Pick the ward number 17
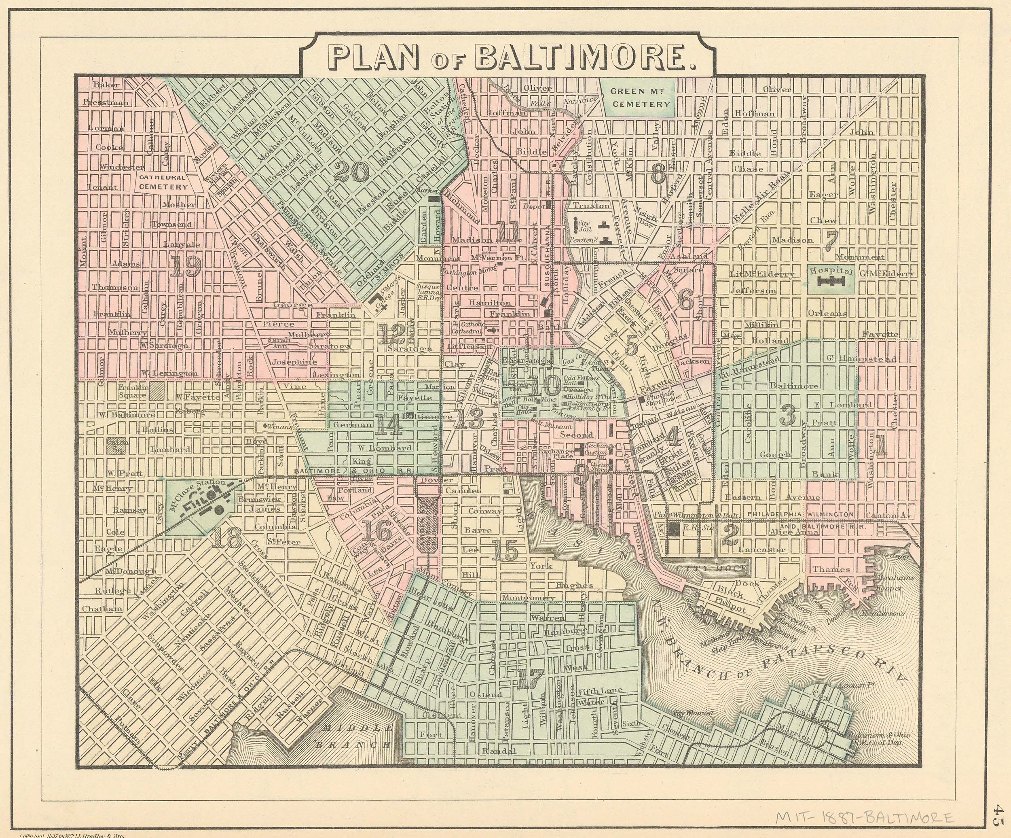(x=531, y=679)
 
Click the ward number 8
(x=658, y=174)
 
